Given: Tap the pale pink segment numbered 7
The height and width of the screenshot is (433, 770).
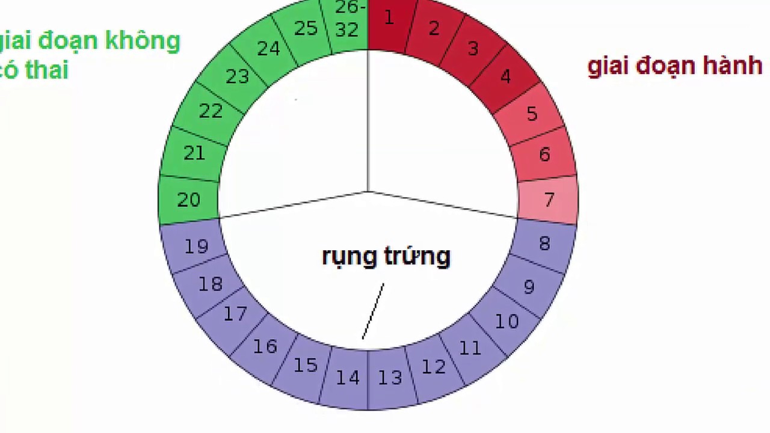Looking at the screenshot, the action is pyautogui.click(x=548, y=200).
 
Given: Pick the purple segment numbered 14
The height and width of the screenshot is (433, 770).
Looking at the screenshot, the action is pyautogui.click(x=347, y=378).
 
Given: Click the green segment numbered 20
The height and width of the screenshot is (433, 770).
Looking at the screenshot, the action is pyautogui.click(x=189, y=200).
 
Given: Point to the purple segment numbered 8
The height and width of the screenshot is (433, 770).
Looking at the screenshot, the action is pyautogui.click(x=544, y=244).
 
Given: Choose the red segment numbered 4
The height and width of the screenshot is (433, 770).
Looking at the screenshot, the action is pyautogui.click(x=504, y=76).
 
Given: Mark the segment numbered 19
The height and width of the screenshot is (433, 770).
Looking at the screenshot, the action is pyautogui.click(x=196, y=247).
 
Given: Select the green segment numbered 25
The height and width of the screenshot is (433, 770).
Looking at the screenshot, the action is pyautogui.click(x=306, y=29).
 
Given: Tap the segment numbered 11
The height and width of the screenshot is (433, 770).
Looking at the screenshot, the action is pyautogui.click(x=470, y=348).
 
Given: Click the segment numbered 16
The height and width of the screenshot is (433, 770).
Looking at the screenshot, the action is pyautogui.click(x=265, y=346).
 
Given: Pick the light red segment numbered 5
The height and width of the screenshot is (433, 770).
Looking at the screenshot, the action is pyautogui.click(x=531, y=114).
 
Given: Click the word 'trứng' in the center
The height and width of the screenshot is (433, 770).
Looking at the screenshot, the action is pyautogui.click(x=417, y=257).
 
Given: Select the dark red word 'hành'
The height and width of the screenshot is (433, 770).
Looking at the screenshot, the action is pyautogui.click(x=733, y=66).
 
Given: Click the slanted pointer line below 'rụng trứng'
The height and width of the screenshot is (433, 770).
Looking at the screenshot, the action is pyautogui.click(x=373, y=311).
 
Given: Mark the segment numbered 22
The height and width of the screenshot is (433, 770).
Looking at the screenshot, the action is pyautogui.click(x=211, y=111).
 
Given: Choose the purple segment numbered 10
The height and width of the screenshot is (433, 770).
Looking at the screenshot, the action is pyautogui.click(x=507, y=322).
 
